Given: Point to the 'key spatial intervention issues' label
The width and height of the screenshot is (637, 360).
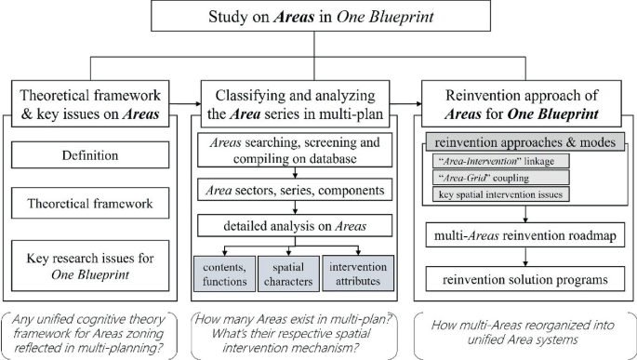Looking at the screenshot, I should [498, 195].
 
